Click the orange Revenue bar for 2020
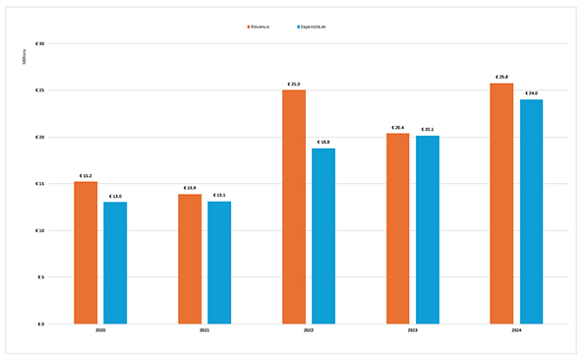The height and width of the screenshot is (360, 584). [86, 253]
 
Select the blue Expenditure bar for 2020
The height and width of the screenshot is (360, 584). [115, 263]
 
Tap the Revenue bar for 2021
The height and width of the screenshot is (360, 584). [190, 259]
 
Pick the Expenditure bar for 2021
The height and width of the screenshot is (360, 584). [219, 263]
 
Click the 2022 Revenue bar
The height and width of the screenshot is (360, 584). [294, 207]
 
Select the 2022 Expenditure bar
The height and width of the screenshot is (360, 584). [323, 236]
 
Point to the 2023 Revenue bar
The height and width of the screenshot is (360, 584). [397, 228]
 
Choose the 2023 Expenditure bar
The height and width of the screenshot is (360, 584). [428, 229]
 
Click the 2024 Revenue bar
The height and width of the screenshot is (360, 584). [501, 204]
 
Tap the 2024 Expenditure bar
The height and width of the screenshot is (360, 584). [532, 211]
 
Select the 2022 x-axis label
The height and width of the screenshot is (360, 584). [309, 331]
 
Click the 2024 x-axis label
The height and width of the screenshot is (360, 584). [516, 331]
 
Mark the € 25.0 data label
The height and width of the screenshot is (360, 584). [294, 84]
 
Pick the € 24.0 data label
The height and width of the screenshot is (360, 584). [532, 92]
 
